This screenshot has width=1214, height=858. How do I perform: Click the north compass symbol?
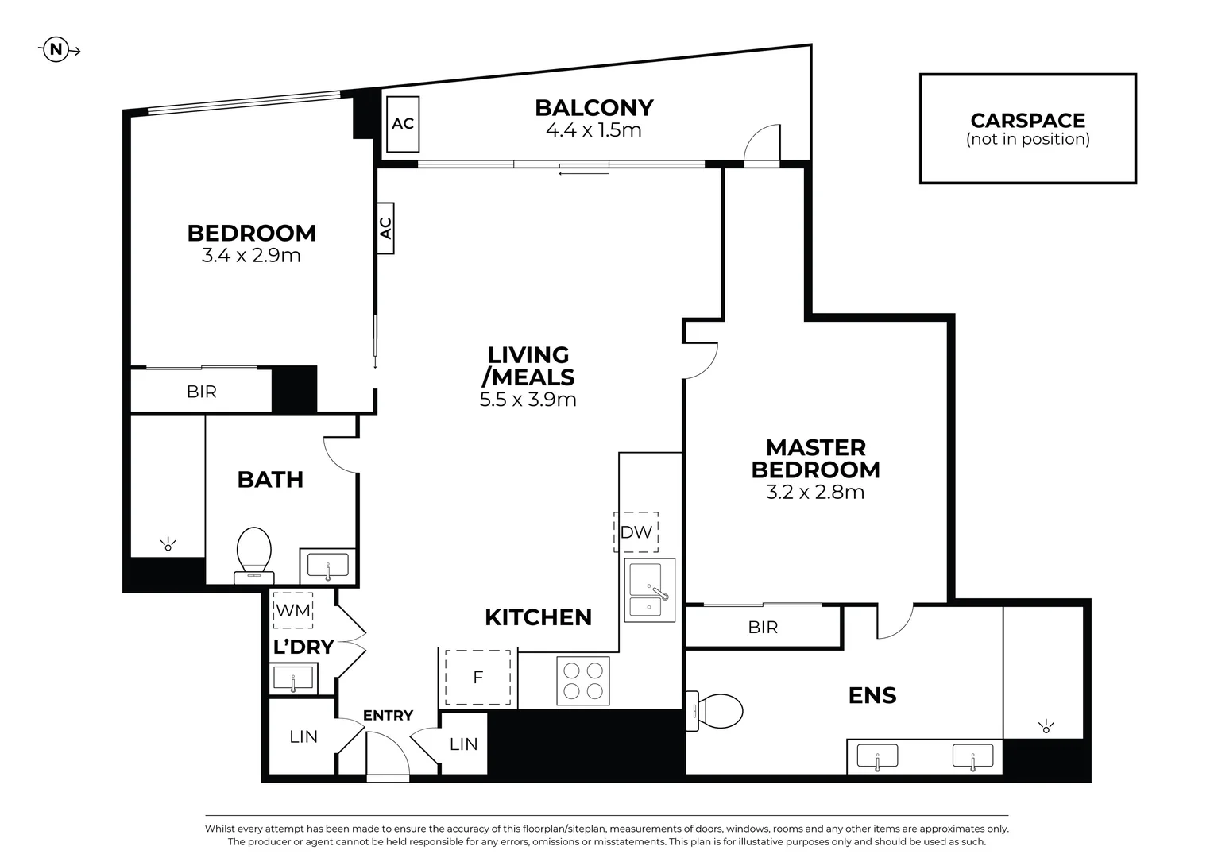(56, 50)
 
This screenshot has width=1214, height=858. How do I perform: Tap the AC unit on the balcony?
(403, 124)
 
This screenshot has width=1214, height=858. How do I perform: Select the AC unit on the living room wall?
(385, 228)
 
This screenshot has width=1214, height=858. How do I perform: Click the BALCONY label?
(593, 107)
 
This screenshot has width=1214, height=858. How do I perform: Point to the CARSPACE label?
(1027, 121)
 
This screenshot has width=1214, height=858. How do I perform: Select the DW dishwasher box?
(636, 532)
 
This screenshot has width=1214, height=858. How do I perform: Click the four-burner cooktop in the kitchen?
(582, 681)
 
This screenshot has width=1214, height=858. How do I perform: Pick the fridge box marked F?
(477, 678)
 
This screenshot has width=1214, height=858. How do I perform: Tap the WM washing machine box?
(292, 611)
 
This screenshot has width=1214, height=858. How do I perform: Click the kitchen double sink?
(650, 589)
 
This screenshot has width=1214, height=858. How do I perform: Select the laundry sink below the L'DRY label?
(293, 679)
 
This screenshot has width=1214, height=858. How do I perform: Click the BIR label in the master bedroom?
(763, 628)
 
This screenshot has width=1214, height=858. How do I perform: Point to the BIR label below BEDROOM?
(201, 392)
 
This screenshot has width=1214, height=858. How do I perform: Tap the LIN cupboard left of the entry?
(303, 736)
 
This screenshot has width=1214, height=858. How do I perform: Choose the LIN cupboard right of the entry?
(463, 744)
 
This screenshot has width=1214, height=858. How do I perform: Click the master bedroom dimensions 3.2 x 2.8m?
(815, 493)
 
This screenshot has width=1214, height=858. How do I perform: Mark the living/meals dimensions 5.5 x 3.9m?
(528, 400)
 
